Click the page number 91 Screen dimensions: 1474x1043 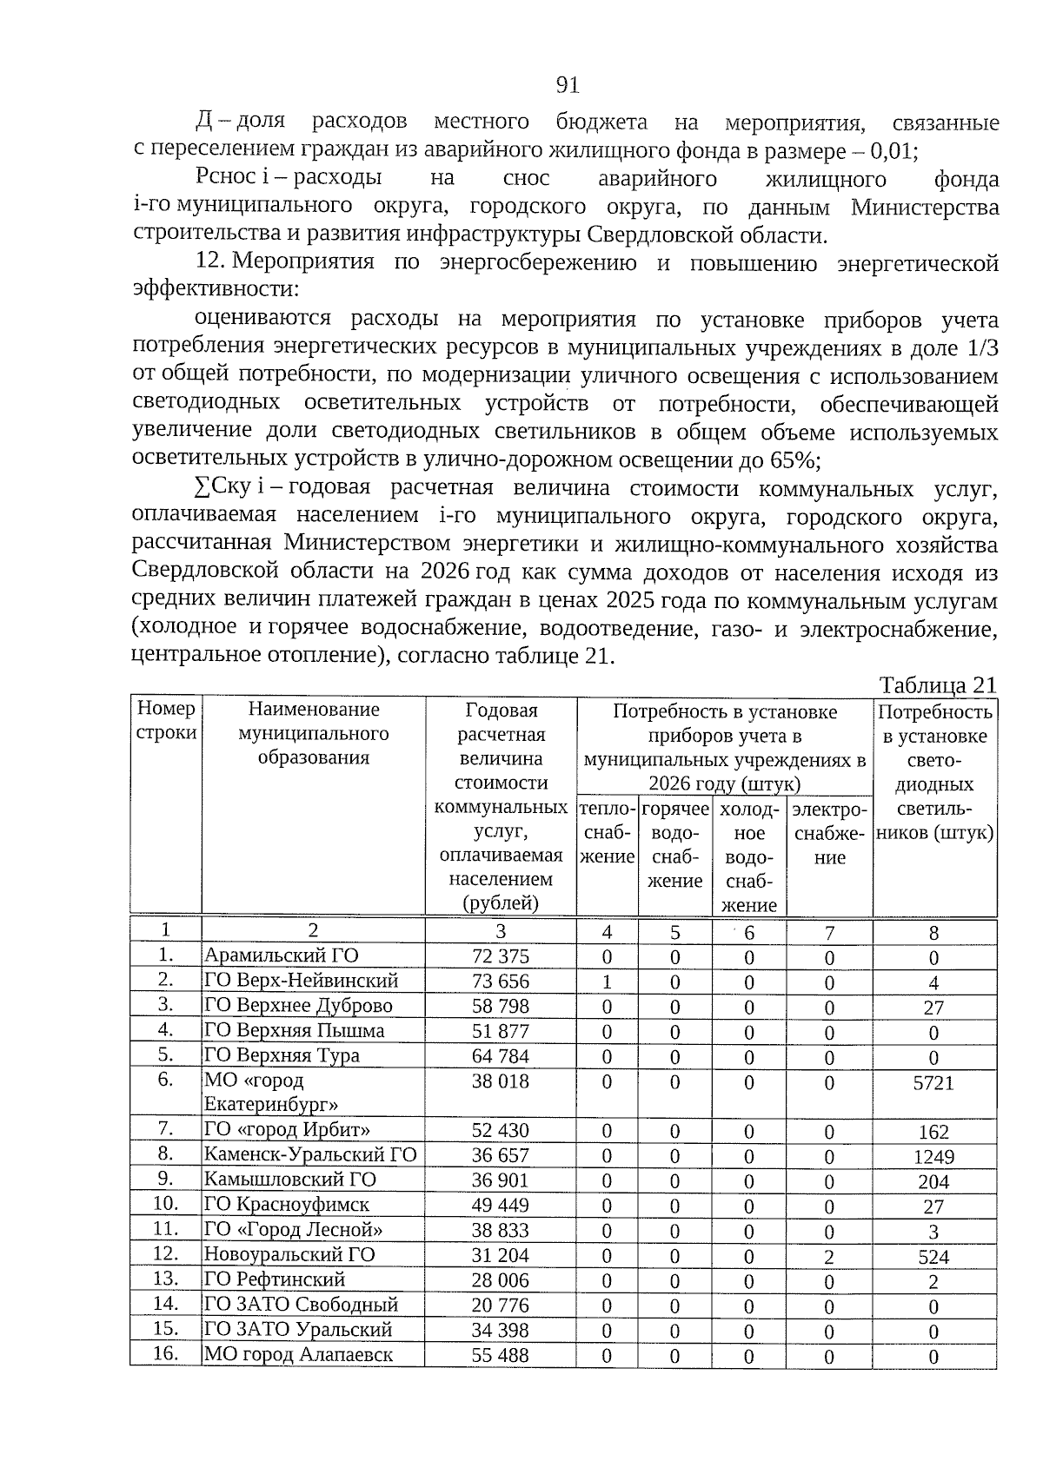(x=568, y=84)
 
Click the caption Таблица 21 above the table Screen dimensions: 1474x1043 (x=937, y=684)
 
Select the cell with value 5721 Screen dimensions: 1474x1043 (x=933, y=1083)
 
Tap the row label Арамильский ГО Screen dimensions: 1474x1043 (x=281, y=955)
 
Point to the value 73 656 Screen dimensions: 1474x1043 (x=500, y=982)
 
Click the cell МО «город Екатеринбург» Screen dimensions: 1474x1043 (x=271, y=1092)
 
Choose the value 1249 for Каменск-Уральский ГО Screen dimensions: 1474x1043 (x=933, y=1157)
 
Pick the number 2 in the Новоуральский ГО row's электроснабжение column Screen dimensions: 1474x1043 (x=829, y=1257)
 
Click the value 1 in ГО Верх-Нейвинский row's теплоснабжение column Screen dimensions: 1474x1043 (x=607, y=982)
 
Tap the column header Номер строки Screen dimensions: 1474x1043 (x=166, y=721)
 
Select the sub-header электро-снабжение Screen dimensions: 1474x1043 (x=830, y=834)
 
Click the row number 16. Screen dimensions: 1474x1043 (x=165, y=1354)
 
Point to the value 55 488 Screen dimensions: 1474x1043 (x=500, y=1356)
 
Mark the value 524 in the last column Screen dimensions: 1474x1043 (x=933, y=1257)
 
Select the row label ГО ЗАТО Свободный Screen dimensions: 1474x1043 (x=301, y=1305)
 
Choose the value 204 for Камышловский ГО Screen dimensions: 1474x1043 (x=933, y=1182)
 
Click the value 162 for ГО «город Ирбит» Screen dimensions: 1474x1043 (x=933, y=1132)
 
